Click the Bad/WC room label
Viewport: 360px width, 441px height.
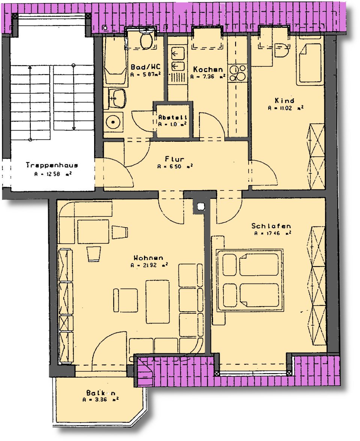coord(145,67)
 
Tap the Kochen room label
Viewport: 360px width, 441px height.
coord(208,69)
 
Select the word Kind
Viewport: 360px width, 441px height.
coord(285,100)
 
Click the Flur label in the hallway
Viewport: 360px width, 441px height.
coord(175,159)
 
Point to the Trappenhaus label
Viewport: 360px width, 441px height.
coord(52,165)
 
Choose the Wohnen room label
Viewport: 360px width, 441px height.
coord(148,258)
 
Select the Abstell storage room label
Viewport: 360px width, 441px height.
coord(172,117)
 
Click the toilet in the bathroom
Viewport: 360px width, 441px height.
coord(146,40)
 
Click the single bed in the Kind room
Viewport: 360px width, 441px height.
coord(310,64)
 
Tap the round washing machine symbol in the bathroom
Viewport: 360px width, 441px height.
coord(113,121)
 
